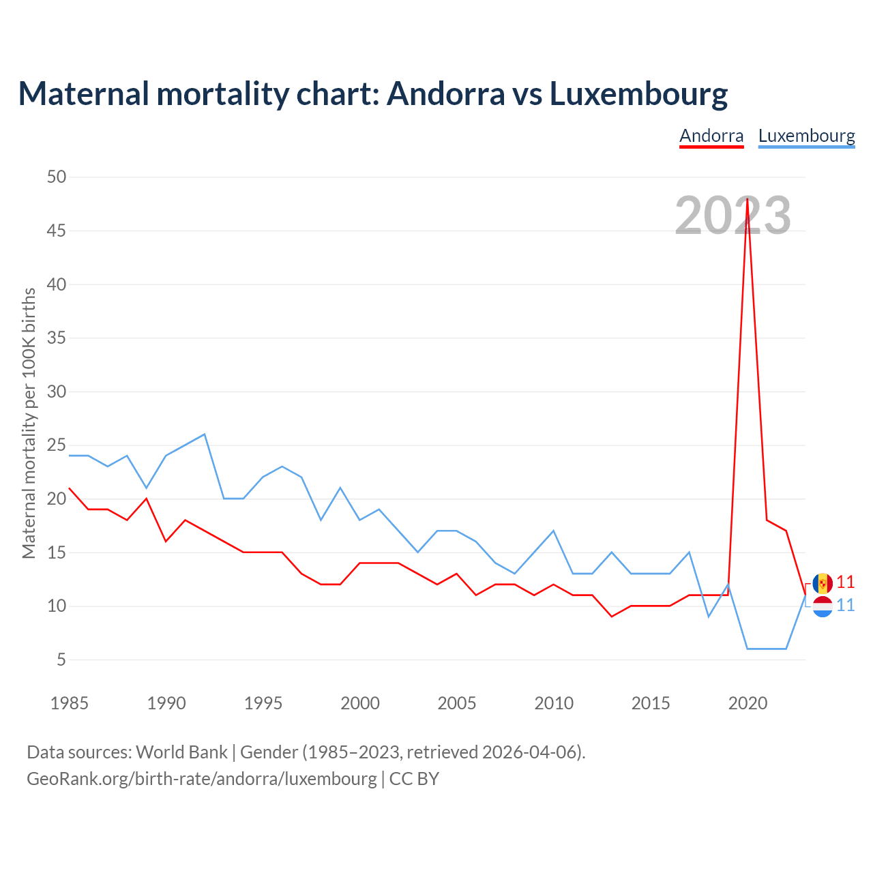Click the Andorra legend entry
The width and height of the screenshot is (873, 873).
711,136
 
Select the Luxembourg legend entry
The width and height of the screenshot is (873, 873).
806,136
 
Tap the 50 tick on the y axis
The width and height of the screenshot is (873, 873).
57,177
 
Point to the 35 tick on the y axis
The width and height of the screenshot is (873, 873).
57,338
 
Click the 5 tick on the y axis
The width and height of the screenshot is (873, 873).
61,660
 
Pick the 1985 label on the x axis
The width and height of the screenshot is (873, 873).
70,703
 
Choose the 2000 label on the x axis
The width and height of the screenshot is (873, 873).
360,703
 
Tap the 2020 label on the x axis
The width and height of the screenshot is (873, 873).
748,703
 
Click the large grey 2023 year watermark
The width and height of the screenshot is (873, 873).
733,216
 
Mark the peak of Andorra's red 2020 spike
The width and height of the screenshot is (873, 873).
748,198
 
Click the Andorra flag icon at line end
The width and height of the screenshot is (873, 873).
823,583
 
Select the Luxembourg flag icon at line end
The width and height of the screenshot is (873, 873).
823,606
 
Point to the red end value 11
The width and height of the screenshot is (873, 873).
846,582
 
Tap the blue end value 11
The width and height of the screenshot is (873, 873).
846,606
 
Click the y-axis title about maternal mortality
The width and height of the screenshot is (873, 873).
29,423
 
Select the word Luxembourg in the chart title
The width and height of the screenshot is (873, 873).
638,94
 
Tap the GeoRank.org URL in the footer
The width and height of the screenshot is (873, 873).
201,778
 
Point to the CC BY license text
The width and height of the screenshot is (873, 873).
414,778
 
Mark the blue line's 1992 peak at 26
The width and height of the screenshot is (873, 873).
205,434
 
